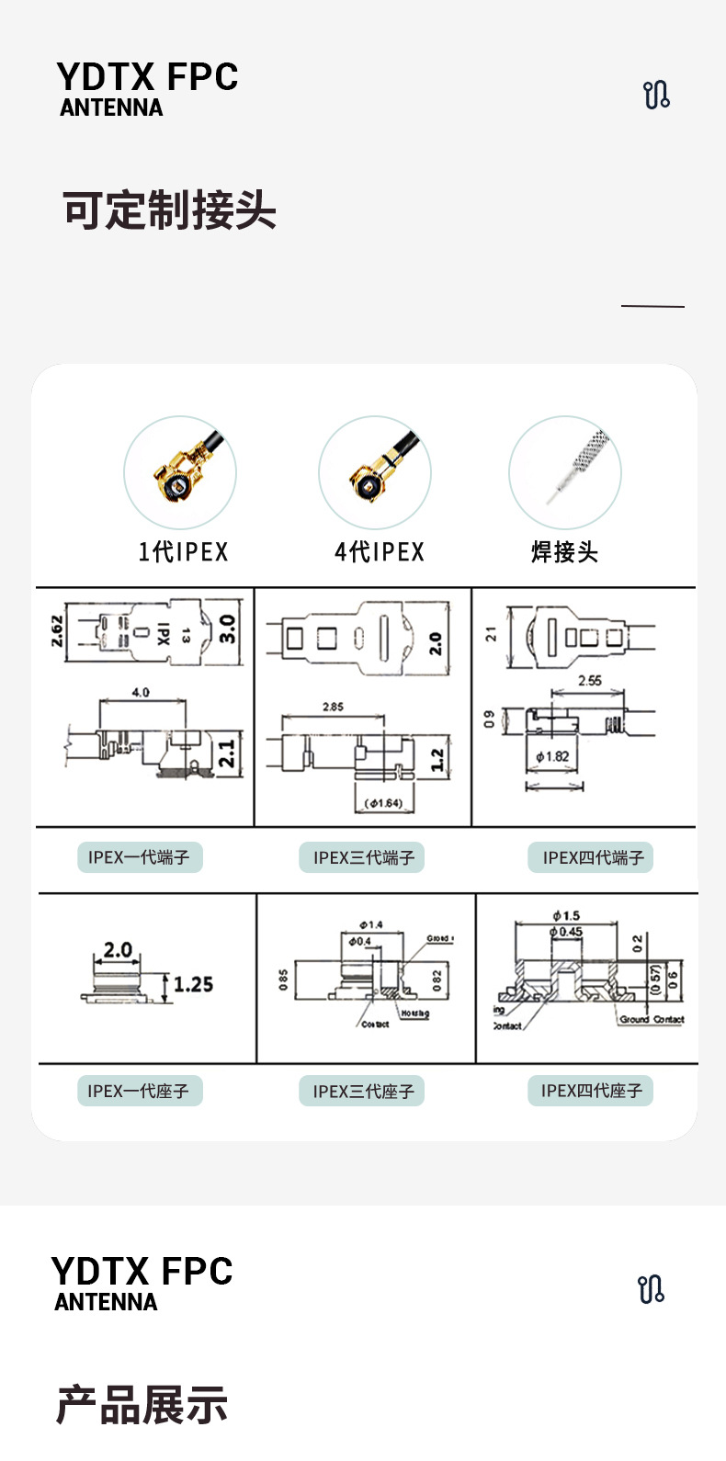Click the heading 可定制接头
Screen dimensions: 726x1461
point(169,210)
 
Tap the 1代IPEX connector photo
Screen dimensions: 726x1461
point(180,472)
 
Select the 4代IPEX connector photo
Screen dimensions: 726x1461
point(375,472)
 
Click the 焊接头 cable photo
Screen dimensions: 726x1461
point(565,472)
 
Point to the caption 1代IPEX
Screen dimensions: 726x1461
point(183,551)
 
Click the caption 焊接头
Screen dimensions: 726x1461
point(564,551)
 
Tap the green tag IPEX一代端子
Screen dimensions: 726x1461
point(139,857)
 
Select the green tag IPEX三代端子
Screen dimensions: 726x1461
point(364,857)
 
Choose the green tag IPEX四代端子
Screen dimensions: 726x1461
point(592,857)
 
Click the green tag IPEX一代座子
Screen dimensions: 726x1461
point(139,1091)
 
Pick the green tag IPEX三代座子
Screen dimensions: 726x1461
point(364,1091)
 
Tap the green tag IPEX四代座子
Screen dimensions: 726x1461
point(591,1091)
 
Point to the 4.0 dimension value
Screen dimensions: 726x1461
point(140,692)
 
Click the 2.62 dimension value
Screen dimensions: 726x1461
point(57,630)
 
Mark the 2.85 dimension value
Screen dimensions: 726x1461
point(333,707)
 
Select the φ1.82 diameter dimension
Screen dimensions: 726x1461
point(552,756)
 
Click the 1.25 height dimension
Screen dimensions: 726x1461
point(193,985)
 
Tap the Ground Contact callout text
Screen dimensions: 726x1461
point(652,1019)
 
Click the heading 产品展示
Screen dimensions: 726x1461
point(142,1405)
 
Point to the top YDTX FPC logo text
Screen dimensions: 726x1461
point(147,77)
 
